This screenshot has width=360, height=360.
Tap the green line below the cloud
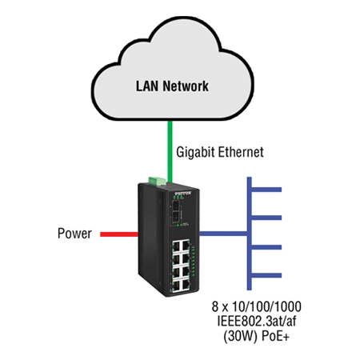coord(170,144)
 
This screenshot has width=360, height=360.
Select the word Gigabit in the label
coord(193,151)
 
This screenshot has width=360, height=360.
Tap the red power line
coord(118,234)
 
